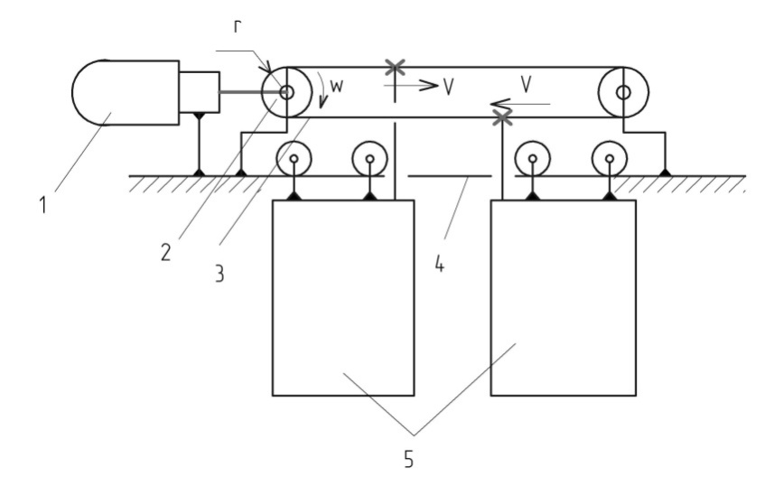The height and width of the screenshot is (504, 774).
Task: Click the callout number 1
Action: click(42, 204)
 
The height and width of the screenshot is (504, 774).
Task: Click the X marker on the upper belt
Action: click(394, 66)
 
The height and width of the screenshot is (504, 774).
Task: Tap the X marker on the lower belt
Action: click(502, 117)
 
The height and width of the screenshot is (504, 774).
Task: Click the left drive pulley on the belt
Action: click(285, 91)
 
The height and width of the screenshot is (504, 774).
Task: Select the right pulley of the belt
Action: click(622, 91)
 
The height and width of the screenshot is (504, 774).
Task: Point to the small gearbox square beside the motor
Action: click(199, 91)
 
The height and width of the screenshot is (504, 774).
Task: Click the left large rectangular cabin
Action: click(343, 297)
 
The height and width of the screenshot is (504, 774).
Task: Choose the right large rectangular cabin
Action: click(563, 297)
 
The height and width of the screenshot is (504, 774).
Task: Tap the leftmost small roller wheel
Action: click(295, 160)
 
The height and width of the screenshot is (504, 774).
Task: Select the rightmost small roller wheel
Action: click(611, 160)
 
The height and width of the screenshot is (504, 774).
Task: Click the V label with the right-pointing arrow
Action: click(449, 87)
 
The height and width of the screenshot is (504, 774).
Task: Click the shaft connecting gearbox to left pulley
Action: click(241, 91)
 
